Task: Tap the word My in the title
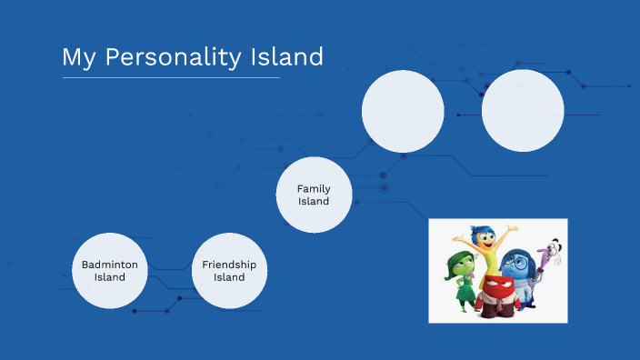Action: [x=78, y=57]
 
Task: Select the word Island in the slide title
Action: [x=286, y=57]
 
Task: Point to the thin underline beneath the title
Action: [x=171, y=77]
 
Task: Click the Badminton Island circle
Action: [x=110, y=271]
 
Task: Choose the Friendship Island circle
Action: [x=229, y=271]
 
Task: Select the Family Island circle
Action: [x=314, y=195]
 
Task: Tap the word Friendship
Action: [x=229, y=265]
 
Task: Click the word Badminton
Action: [x=110, y=265]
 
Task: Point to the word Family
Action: [x=314, y=188]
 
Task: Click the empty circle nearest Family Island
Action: [x=403, y=111]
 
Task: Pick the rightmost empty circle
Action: [x=523, y=111]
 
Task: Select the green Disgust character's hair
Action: [x=459, y=259]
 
